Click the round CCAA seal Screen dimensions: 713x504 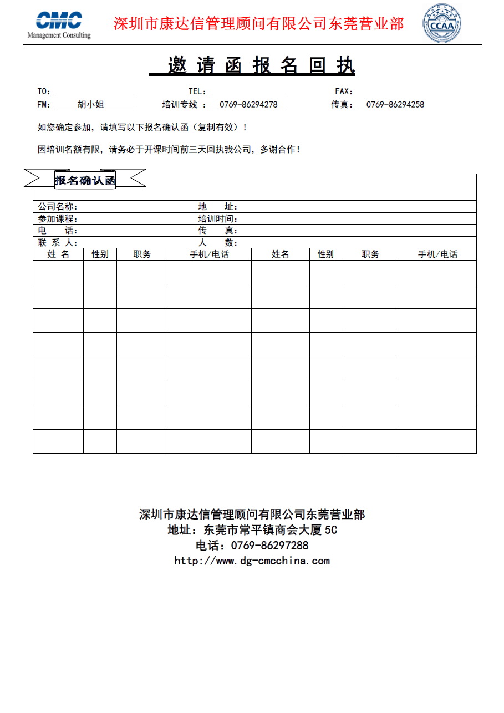[442, 24]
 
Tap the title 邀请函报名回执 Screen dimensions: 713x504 [252, 65]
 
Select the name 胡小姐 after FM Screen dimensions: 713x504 [90, 104]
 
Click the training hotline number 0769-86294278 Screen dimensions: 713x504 [248, 104]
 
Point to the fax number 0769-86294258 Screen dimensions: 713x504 [395, 104]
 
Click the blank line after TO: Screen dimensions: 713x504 [94, 91]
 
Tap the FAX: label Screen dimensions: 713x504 [344, 91]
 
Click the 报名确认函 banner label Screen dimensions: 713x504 [85, 180]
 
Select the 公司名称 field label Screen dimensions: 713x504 [58, 207]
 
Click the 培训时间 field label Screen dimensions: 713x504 [218, 219]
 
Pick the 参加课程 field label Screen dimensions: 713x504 [58, 219]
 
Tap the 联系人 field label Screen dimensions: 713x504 [58, 243]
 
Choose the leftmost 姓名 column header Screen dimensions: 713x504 [58, 254]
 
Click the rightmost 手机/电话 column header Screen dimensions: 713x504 [437, 254]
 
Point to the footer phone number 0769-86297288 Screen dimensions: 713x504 [252, 545]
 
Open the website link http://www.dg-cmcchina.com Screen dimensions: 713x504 [252, 561]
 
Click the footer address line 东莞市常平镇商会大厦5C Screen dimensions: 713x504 [252, 530]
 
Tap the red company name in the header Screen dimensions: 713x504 [258, 24]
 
